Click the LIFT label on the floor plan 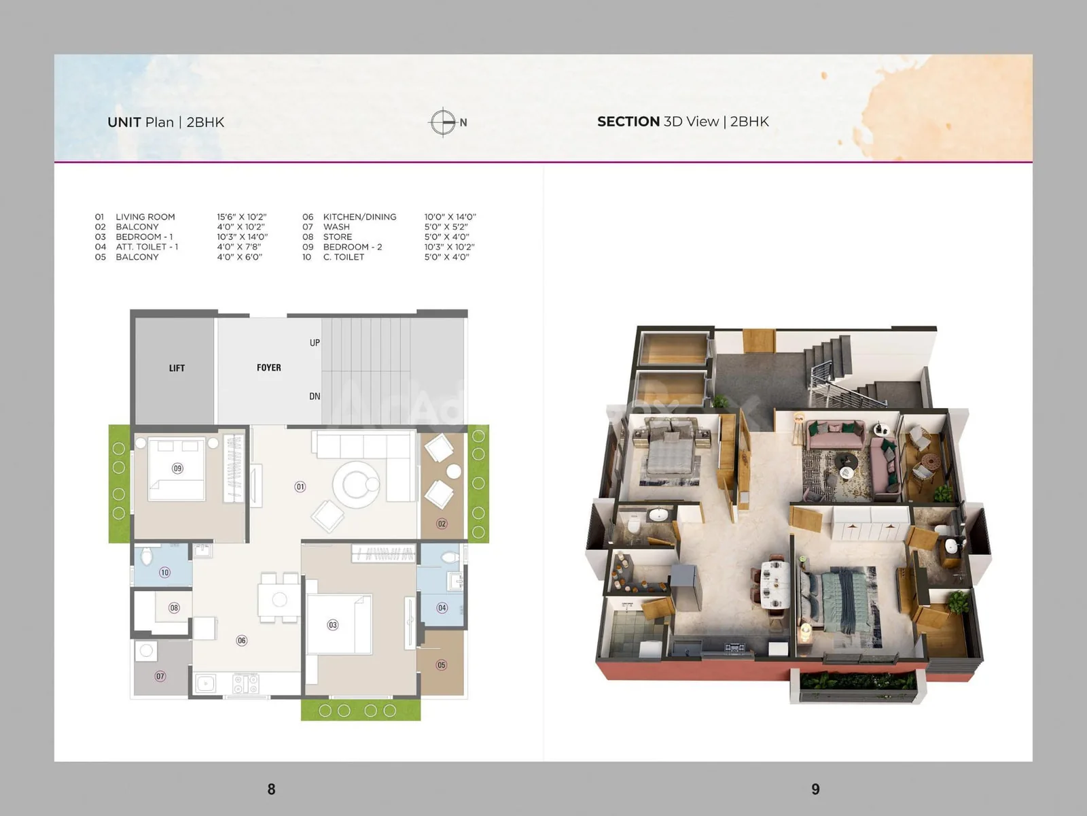click(x=177, y=368)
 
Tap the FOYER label click(x=269, y=368)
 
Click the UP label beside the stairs click(x=315, y=343)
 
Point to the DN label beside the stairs click(x=315, y=396)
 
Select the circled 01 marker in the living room click(x=300, y=487)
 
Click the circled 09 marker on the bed click(x=177, y=469)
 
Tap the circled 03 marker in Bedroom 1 click(x=333, y=625)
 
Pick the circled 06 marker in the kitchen click(x=242, y=641)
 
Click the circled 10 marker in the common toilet click(x=164, y=573)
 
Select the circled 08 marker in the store click(x=174, y=608)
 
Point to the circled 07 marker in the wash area click(x=160, y=677)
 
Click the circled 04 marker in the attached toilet click(x=442, y=608)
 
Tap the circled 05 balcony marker click(x=441, y=665)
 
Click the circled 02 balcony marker click(x=442, y=524)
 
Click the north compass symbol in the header click(x=443, y=122)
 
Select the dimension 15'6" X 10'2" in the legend click(x=242, y=217)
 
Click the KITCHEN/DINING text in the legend click(x=360, y=217)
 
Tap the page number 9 click(x=816, y=789)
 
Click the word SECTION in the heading click(x=628, y=122)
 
